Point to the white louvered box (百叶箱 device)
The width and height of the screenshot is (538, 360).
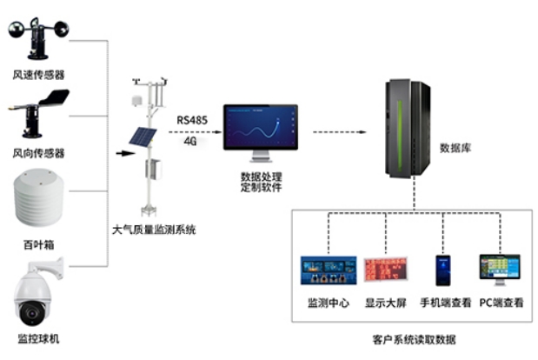37,199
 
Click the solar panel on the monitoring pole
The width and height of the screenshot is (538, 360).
138,138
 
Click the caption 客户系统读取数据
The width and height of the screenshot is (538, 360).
414,339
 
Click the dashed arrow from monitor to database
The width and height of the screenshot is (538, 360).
342,131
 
